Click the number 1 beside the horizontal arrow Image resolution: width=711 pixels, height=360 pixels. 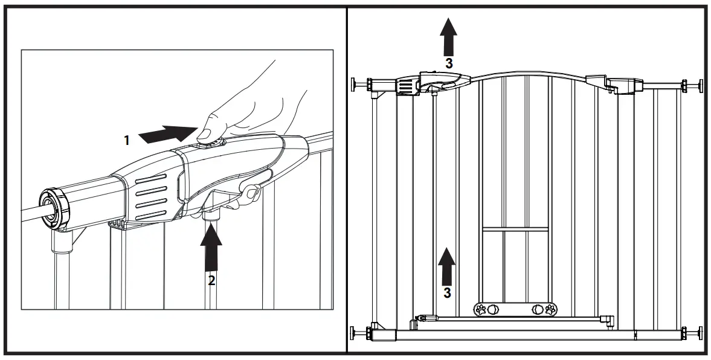point(127,140)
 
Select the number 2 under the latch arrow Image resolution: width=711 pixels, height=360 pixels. point(211,280)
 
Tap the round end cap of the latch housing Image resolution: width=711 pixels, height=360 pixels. point(54,208)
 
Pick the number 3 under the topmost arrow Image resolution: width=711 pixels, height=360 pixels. point(448,62)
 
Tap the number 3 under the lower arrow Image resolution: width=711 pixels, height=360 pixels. point(447,293)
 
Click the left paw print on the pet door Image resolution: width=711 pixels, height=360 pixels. point(481,309)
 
